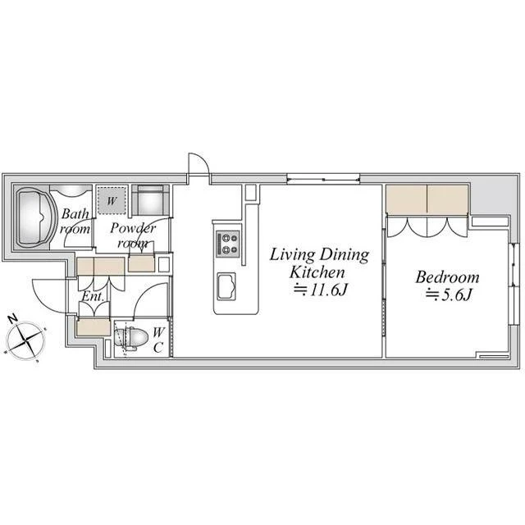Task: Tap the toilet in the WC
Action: point(131,338)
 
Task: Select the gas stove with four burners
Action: point(228,244)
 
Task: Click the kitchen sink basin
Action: point(226,286)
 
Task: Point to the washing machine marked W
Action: point(112,200)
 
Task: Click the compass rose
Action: point(26,341)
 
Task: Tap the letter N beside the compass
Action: point(13,319)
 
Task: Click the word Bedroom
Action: point(447,277)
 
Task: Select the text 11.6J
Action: point(327,290)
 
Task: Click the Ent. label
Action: point(94,297)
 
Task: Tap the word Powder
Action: point(133,228)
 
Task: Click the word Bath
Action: point(75,213)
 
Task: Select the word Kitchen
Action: point(317,272)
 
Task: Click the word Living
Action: point(292,255)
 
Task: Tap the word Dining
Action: point(345,255)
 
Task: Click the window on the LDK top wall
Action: point(323,179)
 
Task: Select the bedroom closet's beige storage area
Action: point(427,199)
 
